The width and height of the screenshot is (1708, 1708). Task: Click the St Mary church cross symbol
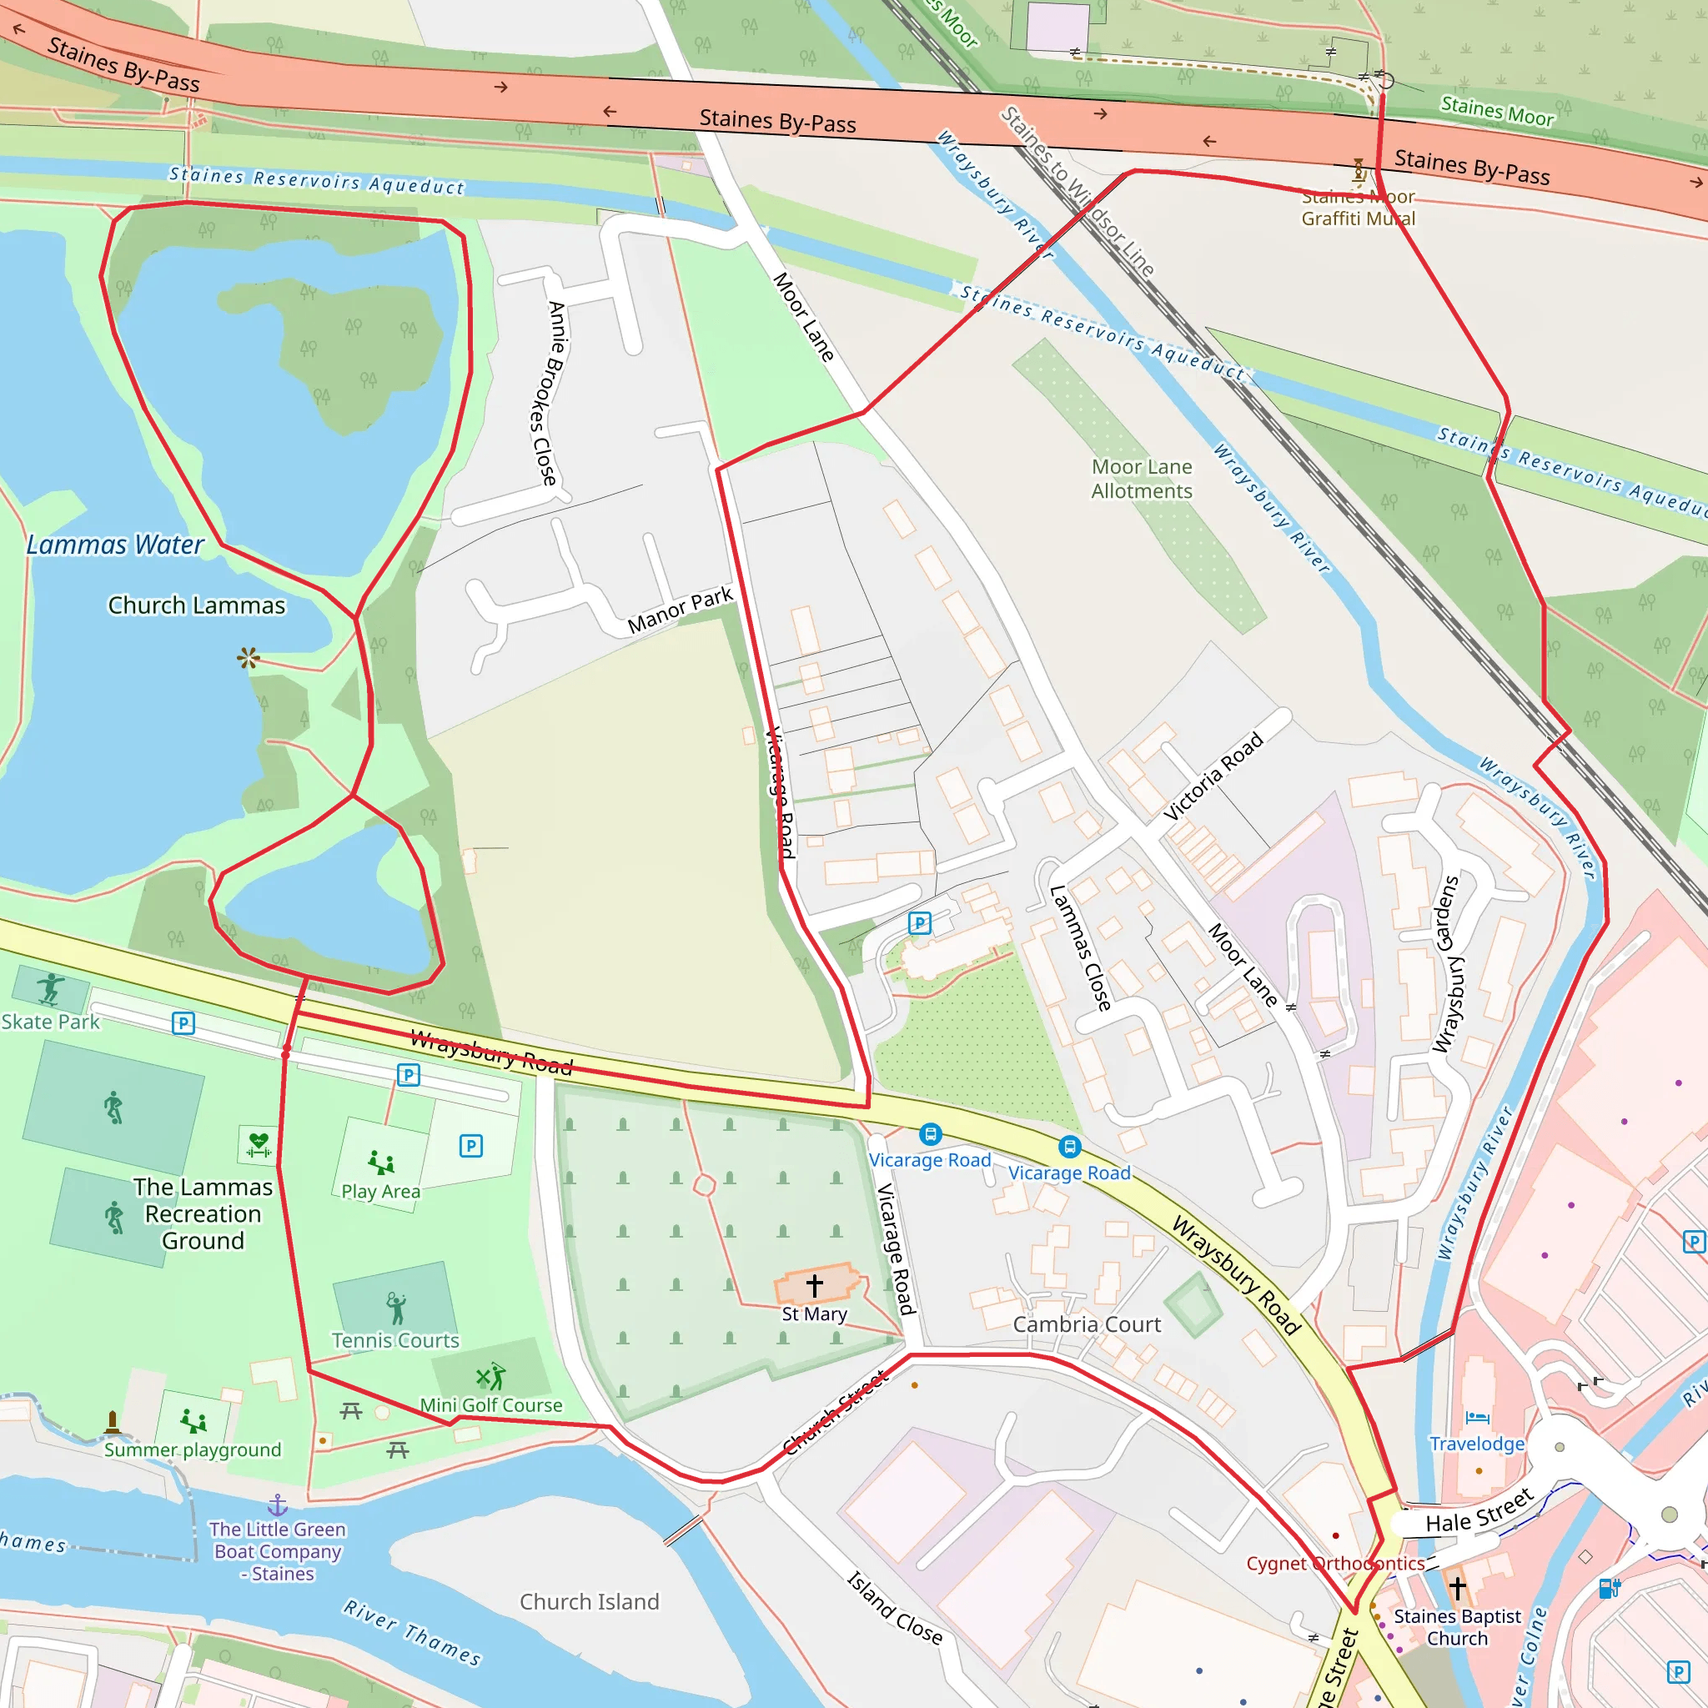click(x=814, y=1284)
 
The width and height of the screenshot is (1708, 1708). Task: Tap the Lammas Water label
click(x=115, y=545)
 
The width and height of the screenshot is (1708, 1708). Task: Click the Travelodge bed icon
click(x=1476, y=1418)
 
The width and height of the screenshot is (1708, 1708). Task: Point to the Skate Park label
click(x=50, y=1022)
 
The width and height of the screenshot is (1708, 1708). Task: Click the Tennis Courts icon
click(x=396, y=1307)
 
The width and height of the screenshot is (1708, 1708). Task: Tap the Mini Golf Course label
click(x=490, y=1404)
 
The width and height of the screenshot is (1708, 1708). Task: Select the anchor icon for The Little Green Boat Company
click(x=278, y=1505)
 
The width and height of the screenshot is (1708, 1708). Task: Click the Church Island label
click(x=589, y=1602)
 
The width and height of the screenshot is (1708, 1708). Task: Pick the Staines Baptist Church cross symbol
click(x=1458, y=1588)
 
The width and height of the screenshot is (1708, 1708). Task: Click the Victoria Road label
click(x=1213, y=776)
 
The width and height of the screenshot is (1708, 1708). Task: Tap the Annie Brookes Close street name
click(x=550, y=394)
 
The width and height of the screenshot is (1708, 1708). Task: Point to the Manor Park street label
click(x=680, y=610)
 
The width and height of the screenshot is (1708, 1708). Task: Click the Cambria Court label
click(x=1087, y=1324)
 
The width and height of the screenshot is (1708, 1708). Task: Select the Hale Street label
click(x=1479, y=1511)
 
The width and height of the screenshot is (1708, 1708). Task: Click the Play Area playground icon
click(x=381, y=1162)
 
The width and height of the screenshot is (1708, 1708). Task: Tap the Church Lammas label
click(x=196, y=605)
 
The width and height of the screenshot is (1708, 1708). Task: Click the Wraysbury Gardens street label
click(x=1446, y=963)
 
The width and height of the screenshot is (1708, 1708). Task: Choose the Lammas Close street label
click(x=1079, y=947)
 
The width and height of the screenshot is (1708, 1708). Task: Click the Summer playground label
click(x=192, y=1449)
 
